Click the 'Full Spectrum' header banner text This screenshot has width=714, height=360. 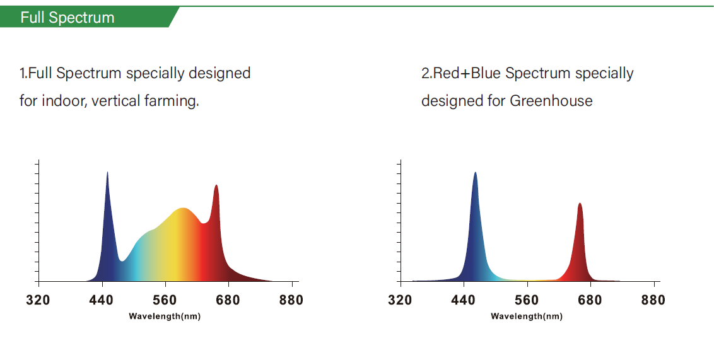point(67,17)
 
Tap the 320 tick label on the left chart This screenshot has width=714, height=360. point(38,300)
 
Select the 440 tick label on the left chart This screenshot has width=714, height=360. point(101,300)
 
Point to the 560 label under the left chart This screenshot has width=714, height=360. point(165,300)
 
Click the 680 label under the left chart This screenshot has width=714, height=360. point(228,300)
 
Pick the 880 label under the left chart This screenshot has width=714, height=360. point(291,300)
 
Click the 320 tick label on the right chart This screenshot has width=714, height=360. point(400,300)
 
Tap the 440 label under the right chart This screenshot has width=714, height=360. point(464,300)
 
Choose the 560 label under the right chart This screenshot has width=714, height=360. point(527,300)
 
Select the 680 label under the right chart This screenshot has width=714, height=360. point(590,300)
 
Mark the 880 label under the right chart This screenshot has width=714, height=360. point(653,300)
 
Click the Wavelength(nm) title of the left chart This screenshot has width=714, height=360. point(165,316)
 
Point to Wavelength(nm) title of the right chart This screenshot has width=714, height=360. point(527,316)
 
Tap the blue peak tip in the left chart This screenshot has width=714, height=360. point(107,173)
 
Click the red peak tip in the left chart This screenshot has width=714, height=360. point(216,186)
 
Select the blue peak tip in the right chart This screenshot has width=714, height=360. point(475,173)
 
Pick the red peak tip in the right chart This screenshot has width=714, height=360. point(580,204)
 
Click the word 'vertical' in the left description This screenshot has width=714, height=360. point(115,101)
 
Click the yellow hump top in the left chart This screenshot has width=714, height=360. point(183,209)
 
